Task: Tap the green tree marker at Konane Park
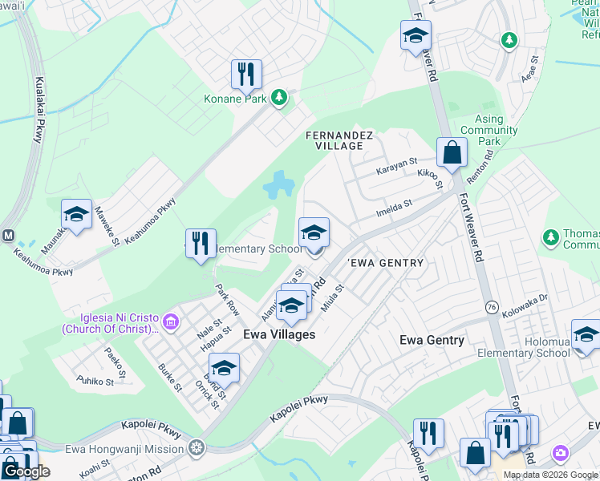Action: tap(278, 98)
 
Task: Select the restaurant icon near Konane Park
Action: tap(246, 75)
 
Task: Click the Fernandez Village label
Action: tap(339, 141)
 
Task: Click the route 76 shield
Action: tap(491, 306)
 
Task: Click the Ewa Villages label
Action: tap(279, 334)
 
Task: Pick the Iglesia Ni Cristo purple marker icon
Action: tap(170, 322)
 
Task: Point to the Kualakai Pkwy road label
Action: tap(38, 111)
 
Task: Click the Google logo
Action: tap(26, 471)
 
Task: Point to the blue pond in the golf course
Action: tap(278, 186)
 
